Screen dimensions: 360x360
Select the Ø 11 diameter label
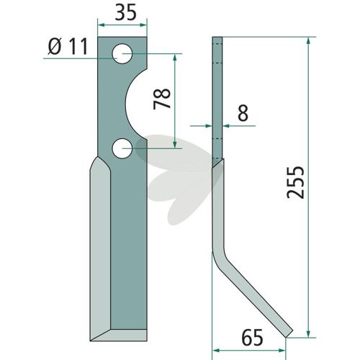68,46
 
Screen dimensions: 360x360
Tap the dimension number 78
162,99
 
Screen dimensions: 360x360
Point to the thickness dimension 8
243,113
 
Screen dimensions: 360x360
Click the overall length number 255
296,182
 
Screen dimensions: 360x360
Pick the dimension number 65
252,338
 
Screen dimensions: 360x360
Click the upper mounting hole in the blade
122,53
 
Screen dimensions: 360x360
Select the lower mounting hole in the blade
122,148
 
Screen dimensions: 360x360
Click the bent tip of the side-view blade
289,333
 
